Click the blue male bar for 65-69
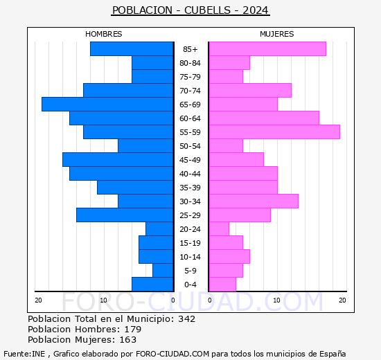tap(107, 105)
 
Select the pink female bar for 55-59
tap(274, 132)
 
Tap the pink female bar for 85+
tap(267, 49)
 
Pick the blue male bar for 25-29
tap(125, 215)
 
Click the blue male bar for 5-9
tap(163, 271)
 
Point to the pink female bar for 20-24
tap(219, 229)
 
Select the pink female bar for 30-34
tap(254, 201)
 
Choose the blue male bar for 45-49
tap(118, 160)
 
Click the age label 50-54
tap(190, 146)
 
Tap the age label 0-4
tap(190, 285)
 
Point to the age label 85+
tap(190, 49)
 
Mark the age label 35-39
tap(190, 188)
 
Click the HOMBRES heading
tap(104, 34)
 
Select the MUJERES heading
tap(277, 34)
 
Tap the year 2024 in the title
tap(256, 10)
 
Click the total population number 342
tap(186, 319)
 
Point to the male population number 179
tap(132, 330)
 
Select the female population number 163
tap(127, 340)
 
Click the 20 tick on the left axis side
tap(39, 300)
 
